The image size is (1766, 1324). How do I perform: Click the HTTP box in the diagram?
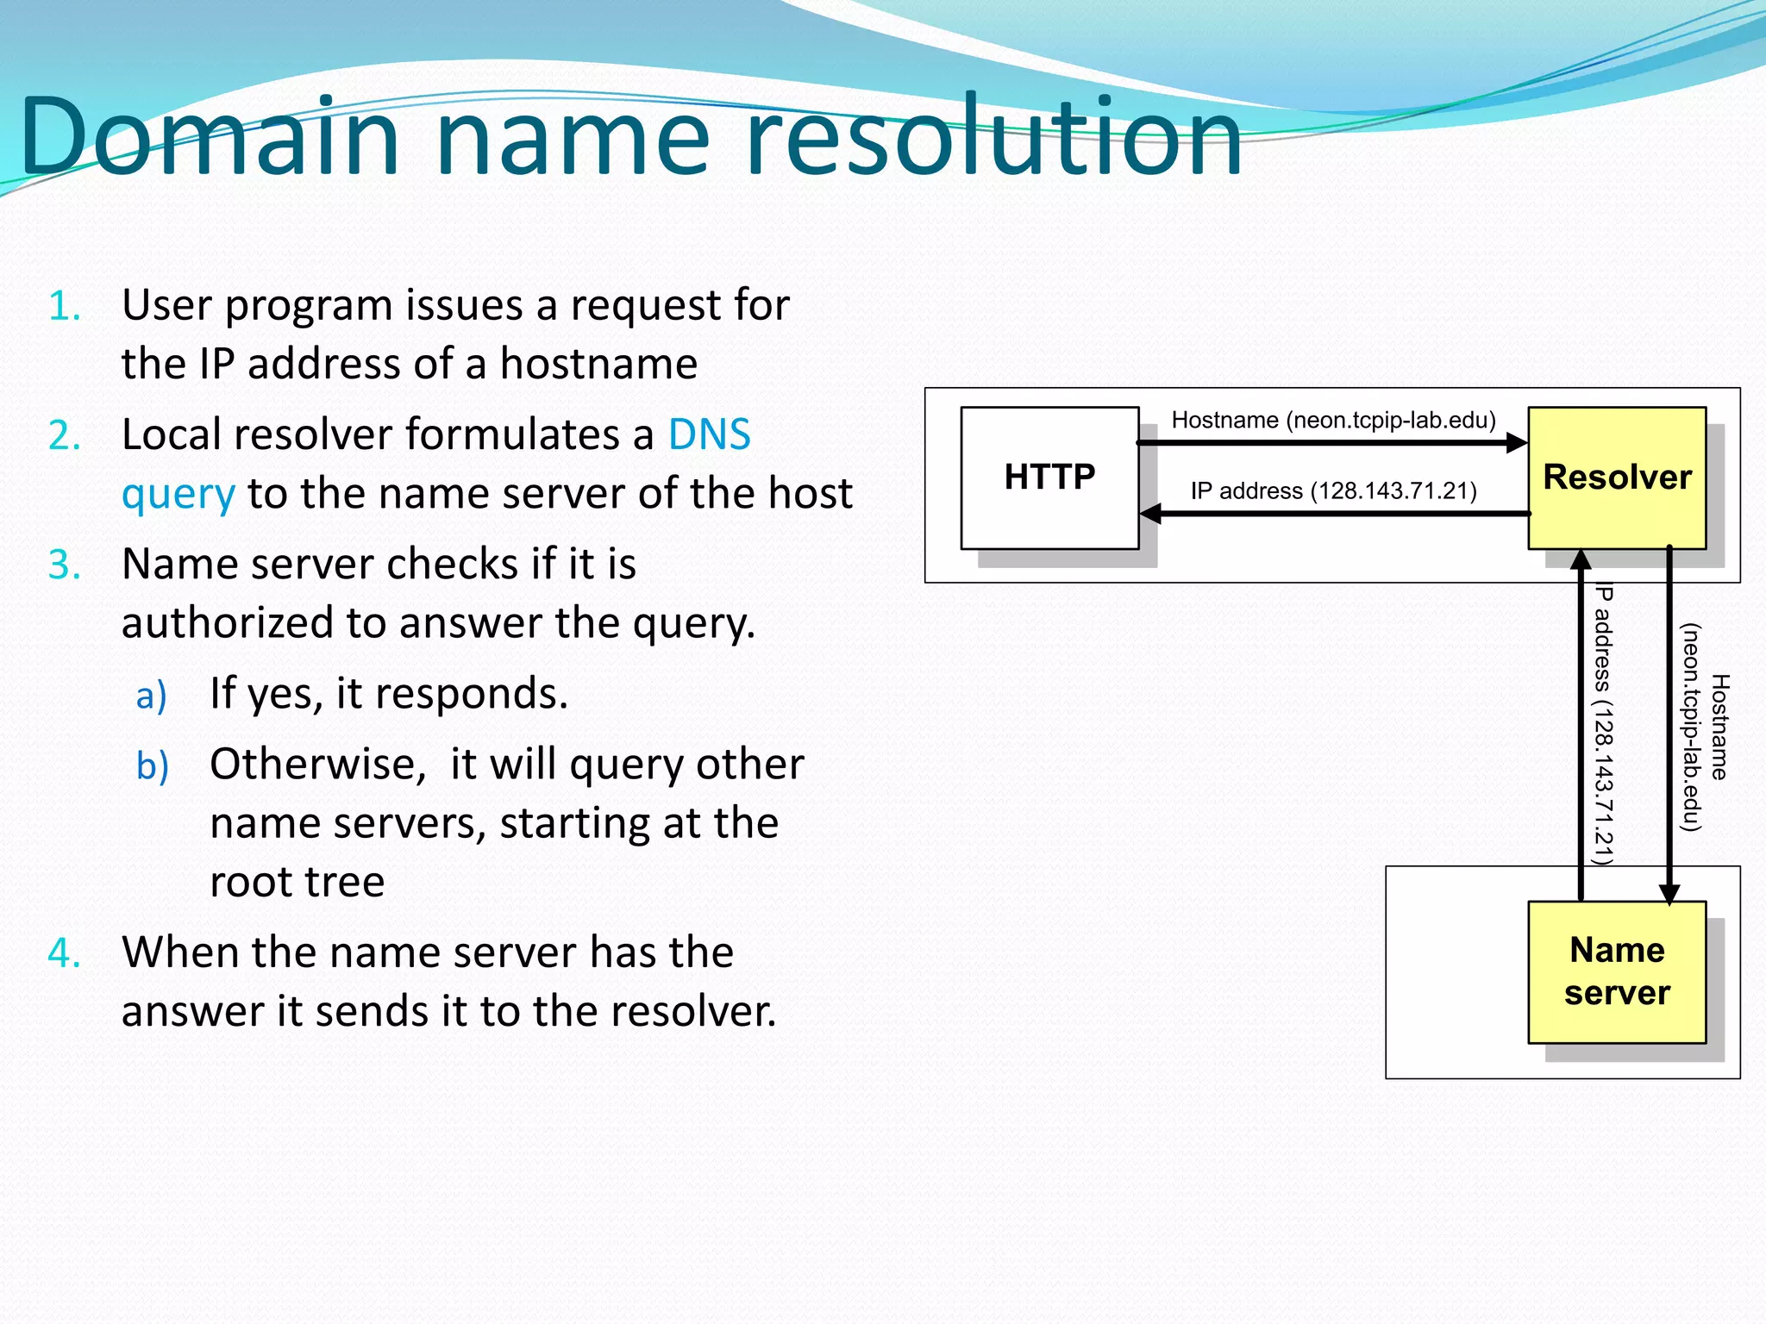tap(1049, 478)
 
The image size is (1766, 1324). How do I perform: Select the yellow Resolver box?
tap(1617, 478)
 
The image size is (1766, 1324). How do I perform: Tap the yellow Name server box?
tap(1617, 971)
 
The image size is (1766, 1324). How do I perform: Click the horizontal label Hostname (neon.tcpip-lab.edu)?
tap(1333, 421)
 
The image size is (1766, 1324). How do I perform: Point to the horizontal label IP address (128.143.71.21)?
tap(1333, 491)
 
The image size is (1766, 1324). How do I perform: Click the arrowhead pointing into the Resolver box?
tap(1516, 443)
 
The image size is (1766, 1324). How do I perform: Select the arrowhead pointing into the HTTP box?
tap(1151, 515)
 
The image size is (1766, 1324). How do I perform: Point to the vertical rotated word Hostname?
tap(1719, 727)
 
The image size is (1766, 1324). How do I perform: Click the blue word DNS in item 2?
tap(709, 434)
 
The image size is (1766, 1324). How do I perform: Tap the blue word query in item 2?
tap(178, 495)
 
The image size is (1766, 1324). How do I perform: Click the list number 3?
tap(65, 565)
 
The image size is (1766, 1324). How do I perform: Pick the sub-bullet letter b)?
tap(153, 766)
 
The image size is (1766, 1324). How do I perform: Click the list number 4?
tap(65, 953)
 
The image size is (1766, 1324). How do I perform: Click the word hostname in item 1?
tap(598, 364)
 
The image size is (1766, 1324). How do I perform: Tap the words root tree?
tap(297, 882)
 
